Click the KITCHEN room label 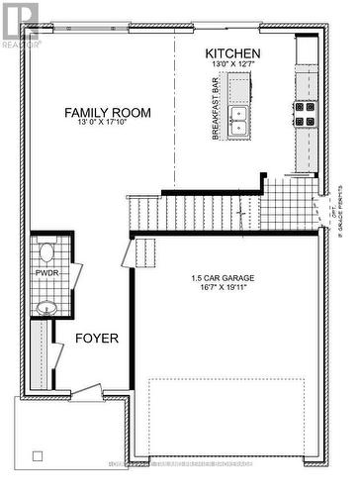(232, 53)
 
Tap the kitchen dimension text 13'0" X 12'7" (232, 67)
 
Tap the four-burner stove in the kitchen (304, 114)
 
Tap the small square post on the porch (38, 456)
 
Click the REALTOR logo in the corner (19, 25)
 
